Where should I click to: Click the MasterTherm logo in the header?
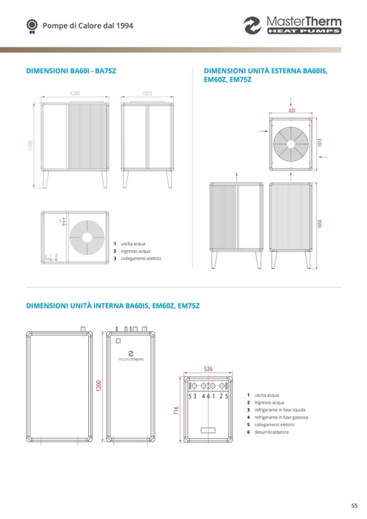[x=292, y=25]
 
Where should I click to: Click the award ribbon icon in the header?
[x=32, y=27]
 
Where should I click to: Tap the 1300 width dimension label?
[x=75, y=94]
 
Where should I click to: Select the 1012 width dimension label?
[x=147, y=94]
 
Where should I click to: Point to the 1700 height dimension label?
[x=31, y=145]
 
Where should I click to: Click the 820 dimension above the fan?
[x=292, y=110]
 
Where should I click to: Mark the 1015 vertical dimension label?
[x=320, y=143]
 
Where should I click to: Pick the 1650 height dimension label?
[x=320, y=224]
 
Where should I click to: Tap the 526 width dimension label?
[x=208, y=369]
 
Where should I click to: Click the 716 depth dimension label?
[x=176, y=410]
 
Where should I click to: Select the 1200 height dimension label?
[x=99, y=386]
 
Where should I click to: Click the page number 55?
[x=354, y=506]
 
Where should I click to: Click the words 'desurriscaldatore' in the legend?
[x=271, y=432]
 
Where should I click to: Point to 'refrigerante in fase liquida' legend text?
[x=280, y=410]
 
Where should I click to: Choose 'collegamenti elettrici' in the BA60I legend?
[x=141, y=259]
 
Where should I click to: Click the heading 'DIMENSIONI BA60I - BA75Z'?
[x=71, y=71]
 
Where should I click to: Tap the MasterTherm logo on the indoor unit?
[x=130, y=356]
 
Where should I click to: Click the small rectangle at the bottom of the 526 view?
[x=208, y=430]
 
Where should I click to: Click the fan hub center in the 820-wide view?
[x=291, y=144]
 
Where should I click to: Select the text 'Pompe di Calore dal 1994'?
[x=88, y=26]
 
